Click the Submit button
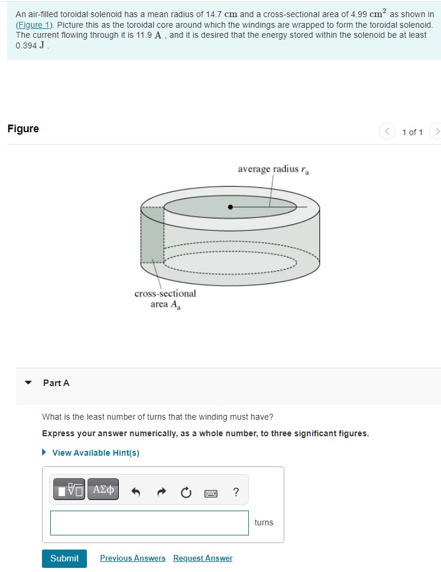pos(64,558)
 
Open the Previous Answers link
pos(132,558)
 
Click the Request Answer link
pos(203,558)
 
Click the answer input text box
pos(149,523)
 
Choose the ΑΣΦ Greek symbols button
pos(103,489)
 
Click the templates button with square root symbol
pos(69,489)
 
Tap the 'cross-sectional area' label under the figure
pos(165,299)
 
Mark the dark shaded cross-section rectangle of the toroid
pos(152,235)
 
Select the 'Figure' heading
pos(23,129)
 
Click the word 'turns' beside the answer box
pos(264,522)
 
